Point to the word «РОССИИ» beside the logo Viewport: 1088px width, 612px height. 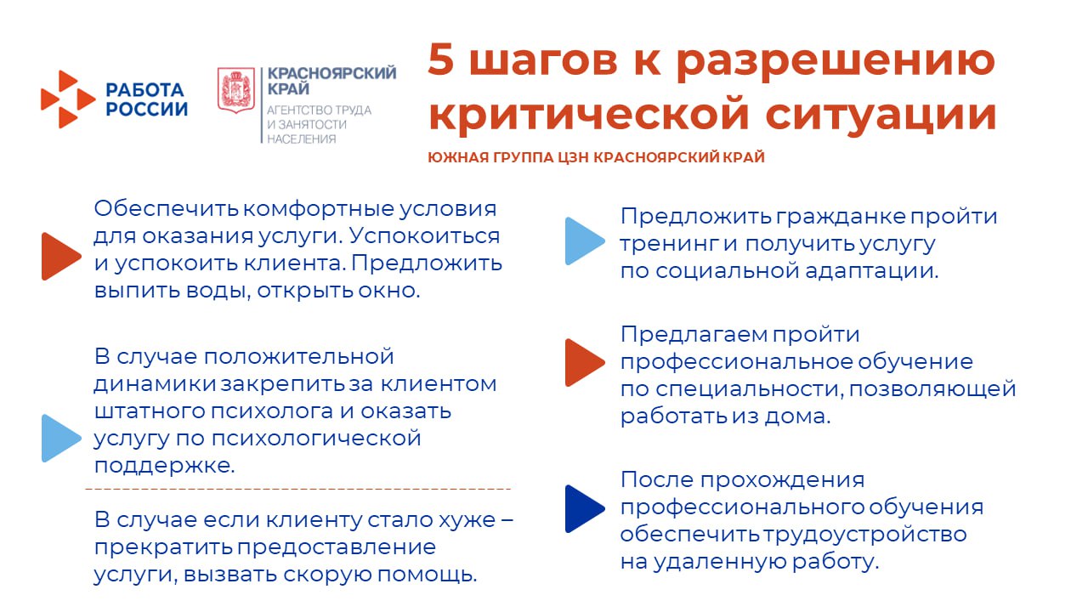[147, 109]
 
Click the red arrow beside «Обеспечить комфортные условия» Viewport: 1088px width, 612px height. [59, 256]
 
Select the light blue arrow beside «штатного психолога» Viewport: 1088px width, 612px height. [59, 439]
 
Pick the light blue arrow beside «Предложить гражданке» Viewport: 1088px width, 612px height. [584, 241]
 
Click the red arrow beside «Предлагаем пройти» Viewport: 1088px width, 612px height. [584, 362]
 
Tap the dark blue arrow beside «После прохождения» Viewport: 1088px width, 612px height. [584, 509]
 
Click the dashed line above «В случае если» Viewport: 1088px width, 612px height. [297, 489]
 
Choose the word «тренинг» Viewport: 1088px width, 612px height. [669, 244]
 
